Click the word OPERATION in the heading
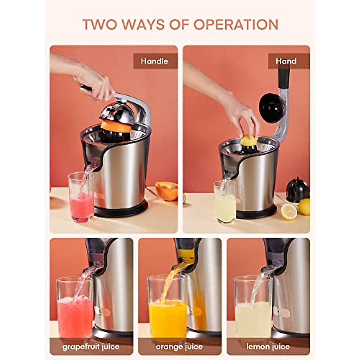point(236,25)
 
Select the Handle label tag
point(154,61)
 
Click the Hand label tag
point(286,61)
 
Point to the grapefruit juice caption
point(91,347)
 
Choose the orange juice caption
point(179,347)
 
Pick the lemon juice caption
point(268,347)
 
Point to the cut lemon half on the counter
point(289,212)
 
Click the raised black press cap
point(272,108)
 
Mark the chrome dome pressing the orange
point(116,112)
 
